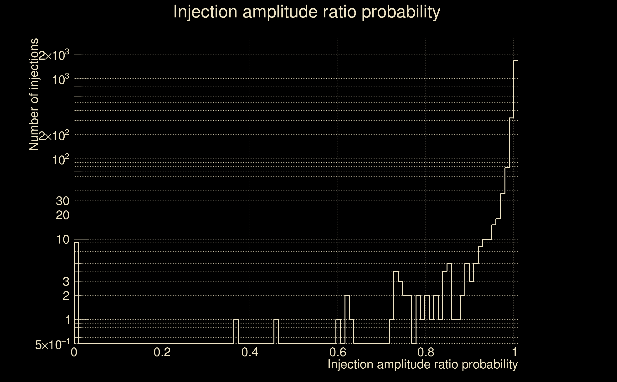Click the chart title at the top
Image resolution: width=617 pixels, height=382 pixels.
307,12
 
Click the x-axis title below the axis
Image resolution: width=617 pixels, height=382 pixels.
422,365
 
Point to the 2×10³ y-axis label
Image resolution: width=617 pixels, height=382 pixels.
54,55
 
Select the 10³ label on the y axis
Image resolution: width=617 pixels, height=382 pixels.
61,80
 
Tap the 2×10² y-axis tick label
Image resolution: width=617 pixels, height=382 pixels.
54,136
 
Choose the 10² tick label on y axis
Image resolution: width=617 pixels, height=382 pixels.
61,160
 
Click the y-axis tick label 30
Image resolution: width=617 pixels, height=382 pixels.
62,201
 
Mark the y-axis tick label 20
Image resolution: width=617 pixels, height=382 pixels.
62,216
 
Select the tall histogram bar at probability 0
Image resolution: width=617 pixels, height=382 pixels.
76,293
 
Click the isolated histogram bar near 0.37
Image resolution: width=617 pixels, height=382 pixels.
236,331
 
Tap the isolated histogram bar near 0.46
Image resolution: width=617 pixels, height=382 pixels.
276,331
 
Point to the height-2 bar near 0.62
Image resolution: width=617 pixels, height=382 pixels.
347,319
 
